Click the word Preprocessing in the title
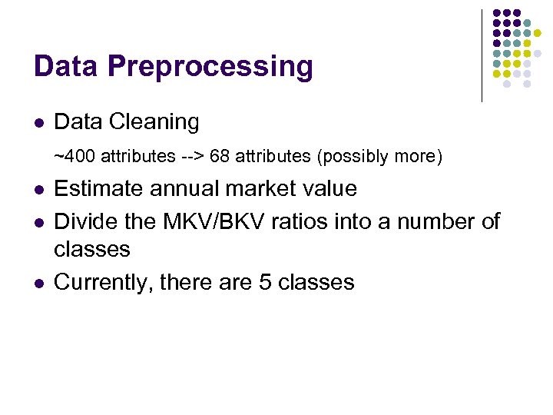coord(210,67)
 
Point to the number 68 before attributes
coord(219,157)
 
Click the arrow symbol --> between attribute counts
coord(192,157)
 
